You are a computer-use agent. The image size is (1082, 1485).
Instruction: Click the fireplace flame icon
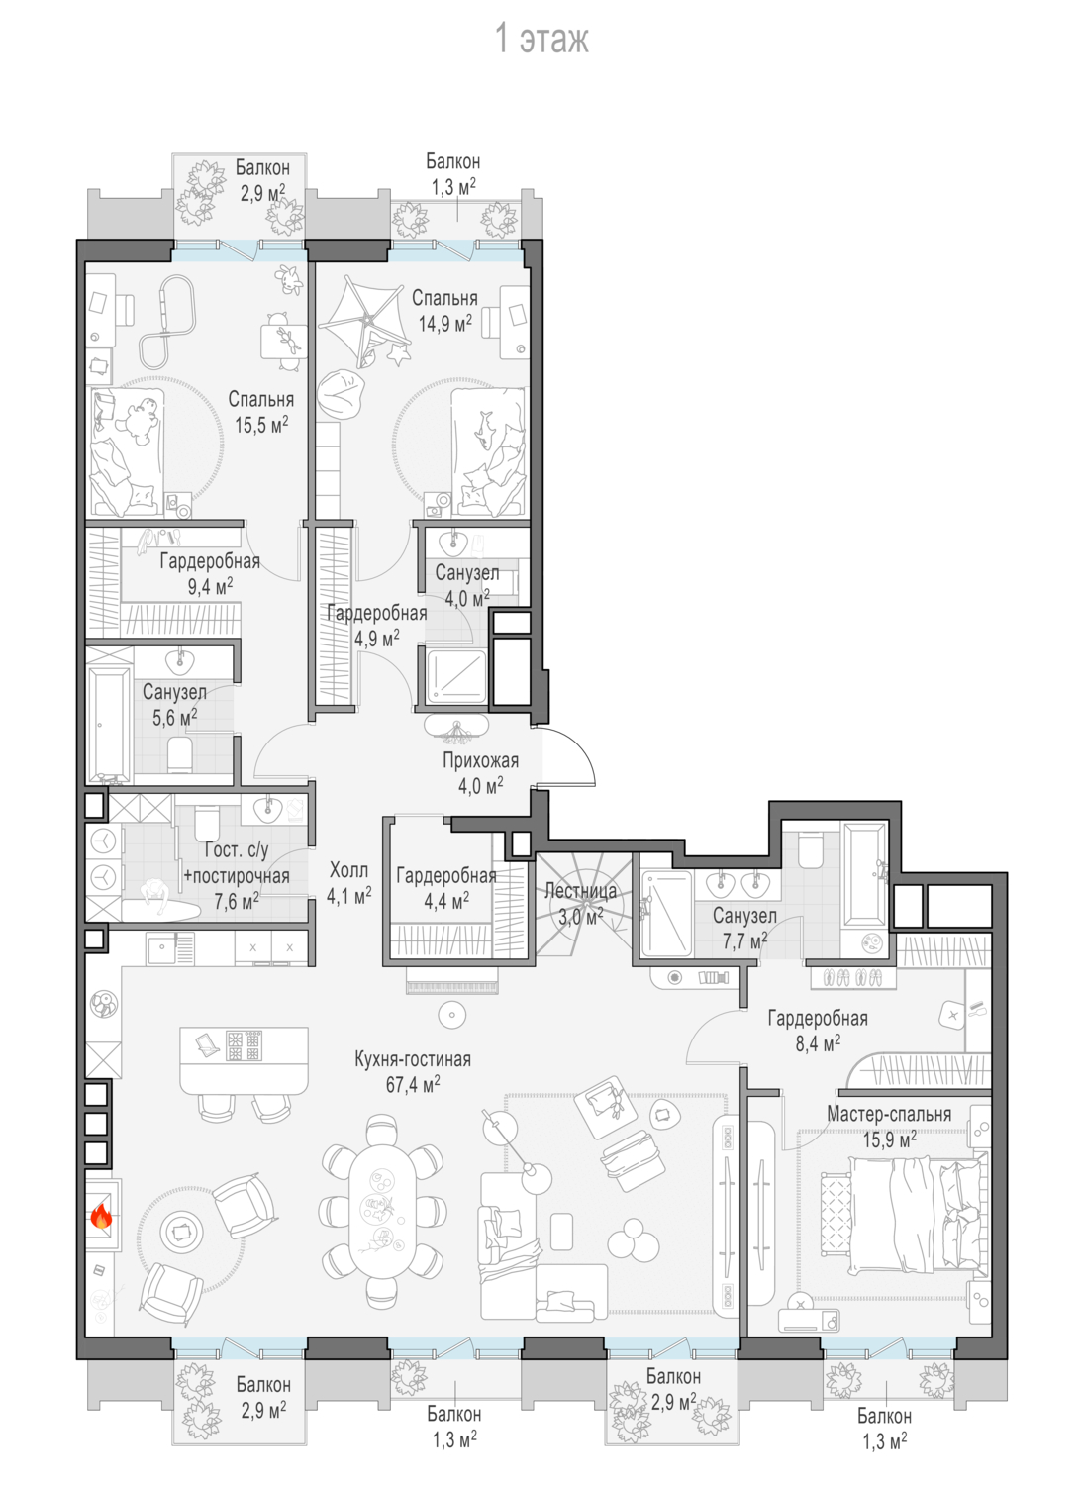point(101,1217)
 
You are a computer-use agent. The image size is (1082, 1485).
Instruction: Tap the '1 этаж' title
point(541,39)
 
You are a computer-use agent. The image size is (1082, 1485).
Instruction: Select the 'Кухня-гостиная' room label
point(413,1059)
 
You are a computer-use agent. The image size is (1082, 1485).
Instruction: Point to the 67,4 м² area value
point(413,1085)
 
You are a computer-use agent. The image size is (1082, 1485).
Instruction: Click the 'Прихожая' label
point(480,760)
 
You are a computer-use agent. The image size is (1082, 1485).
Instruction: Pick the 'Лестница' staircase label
point(581,891)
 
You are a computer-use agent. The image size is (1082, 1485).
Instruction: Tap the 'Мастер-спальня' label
point(888,1114)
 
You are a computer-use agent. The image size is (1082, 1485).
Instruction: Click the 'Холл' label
point(348,870)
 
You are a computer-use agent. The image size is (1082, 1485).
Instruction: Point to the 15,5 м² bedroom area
point(261,425)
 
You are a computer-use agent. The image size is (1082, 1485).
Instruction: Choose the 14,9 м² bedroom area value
point(444,323)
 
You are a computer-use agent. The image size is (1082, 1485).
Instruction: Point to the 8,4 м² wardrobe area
point(818,1044)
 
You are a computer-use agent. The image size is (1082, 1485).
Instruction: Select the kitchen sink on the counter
point(161,947)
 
